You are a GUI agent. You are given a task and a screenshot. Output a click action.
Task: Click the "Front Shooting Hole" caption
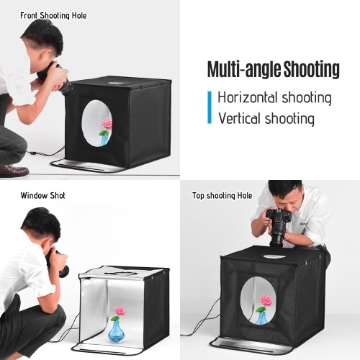53,16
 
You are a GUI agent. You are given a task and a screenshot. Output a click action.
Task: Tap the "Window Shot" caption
42,195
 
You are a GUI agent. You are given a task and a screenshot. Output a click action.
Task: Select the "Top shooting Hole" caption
222,196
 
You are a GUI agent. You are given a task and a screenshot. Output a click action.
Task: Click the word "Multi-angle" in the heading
244,69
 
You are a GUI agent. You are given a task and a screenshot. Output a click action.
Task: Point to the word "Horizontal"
248,97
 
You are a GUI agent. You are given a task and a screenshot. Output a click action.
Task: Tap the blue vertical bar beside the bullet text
210,107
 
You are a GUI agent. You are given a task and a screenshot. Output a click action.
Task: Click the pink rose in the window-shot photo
120,311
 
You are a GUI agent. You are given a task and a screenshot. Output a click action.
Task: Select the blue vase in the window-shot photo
117,332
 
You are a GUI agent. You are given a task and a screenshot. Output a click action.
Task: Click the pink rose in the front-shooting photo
107,125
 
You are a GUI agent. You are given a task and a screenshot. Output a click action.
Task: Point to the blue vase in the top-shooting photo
261,317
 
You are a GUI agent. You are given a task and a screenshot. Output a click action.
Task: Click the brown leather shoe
14,170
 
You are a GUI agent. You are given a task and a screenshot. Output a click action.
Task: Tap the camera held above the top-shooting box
278,227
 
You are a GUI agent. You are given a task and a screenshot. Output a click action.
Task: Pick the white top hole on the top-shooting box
274,256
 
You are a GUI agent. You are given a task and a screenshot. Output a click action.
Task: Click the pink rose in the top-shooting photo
266,300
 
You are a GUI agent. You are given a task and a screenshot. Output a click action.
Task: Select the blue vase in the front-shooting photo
104,140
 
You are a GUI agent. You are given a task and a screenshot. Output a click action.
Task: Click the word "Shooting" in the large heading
312,69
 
